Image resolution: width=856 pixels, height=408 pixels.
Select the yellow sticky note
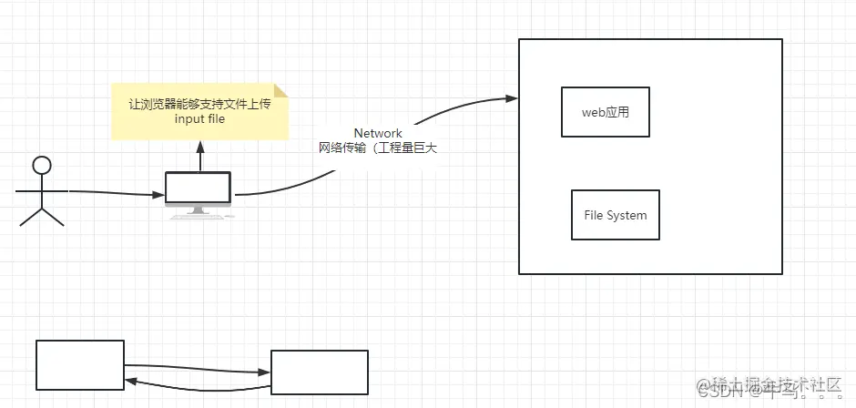pyautogui.click(x=199, y=112)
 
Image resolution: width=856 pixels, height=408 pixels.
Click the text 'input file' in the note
pyautogui.click(x=199, y=119)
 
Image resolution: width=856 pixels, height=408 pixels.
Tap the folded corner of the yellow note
pyautogui.click(x=281, y=89)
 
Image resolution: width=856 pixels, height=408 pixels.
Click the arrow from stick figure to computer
pyautogui.click(x=114, y=192)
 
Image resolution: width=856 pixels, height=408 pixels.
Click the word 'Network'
pyautogui.click(x=378, y=133)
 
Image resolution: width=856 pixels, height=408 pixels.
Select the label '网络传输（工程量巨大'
pyautogui.click(x=377, y=148)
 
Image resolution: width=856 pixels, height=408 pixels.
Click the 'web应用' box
pyautogui.click(x=606, y=112)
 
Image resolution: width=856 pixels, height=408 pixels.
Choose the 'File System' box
pyautogui.click(x=616, y=215)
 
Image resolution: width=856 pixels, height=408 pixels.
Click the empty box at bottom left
pyautogui.click(x=80, y=364)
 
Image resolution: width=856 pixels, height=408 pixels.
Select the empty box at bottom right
pyautogui.click(x=320, y=372)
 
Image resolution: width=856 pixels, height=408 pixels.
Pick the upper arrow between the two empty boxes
pyautogui.click(x=198, y=368)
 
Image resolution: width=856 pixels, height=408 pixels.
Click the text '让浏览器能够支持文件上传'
pyautogui.click(x=199, y=104)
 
